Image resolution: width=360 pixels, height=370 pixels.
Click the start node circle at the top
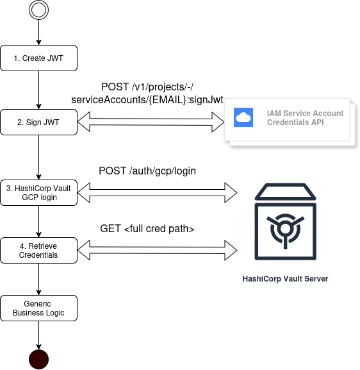(x=39, y=11)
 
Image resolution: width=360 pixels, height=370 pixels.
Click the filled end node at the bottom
(x=39, y=358)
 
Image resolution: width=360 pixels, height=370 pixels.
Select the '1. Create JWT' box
(x=39, y=58)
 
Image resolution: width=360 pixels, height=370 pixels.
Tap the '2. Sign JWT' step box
(x=39, y=122)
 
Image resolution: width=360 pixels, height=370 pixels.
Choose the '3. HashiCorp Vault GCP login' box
(x=39, y=192)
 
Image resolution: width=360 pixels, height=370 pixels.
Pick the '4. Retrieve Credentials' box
(x=39, y=250)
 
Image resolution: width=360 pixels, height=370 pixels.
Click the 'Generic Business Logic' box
(x=39, y=308)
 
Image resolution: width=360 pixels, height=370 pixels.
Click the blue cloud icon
(x=244, y=117)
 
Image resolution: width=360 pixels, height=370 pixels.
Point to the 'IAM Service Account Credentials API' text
(x=305, y=117)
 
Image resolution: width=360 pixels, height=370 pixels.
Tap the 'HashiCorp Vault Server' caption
(x=285, y=279)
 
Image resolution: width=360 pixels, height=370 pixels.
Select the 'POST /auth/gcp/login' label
(x=147, y=171)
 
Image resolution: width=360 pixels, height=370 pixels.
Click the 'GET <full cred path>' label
(x=147, y=228)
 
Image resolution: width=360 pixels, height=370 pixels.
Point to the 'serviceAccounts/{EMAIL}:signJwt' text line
(x=147, y=99)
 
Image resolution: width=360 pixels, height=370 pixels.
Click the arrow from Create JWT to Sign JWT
(x=39, y=90)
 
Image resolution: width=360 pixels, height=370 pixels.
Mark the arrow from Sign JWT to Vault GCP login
(x=39, y=157)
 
